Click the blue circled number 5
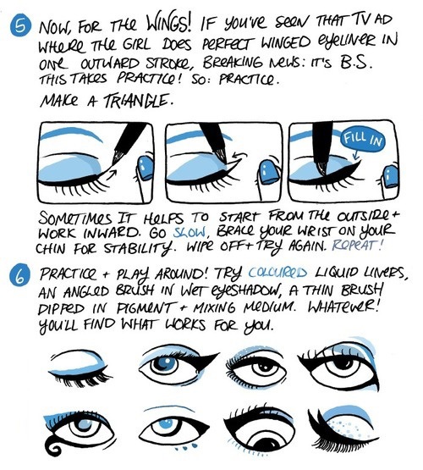point(20,26)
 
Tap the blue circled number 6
point(20,274)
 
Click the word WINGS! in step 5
point(168,23)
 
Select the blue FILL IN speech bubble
point(363,140)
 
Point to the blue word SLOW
point(190,233)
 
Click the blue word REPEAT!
point(357,246)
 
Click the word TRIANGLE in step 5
point(139,101)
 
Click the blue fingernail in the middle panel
point(269,172)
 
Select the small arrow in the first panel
point(113,174)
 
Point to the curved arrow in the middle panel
point(239,156)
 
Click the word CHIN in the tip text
point(50,248)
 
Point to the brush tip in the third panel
point(322,169)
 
